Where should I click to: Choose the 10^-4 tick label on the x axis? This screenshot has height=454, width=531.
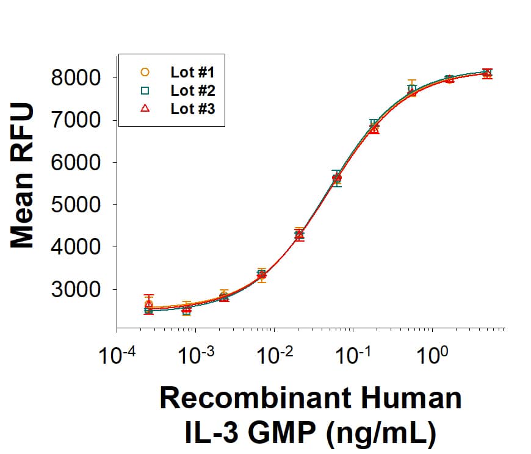pos(117,354)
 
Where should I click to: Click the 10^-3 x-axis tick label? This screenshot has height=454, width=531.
pos(195,354)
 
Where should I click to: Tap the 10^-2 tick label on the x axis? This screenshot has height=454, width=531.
pos(274,354)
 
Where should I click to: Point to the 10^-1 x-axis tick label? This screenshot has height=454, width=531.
pos(353,354)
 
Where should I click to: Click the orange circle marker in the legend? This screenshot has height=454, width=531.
pos(145,71)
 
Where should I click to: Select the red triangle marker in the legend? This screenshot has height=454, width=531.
pos(145,109)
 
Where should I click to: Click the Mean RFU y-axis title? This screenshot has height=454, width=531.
pos(23,177)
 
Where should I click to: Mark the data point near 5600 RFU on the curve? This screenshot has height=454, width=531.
pos(337,178)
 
